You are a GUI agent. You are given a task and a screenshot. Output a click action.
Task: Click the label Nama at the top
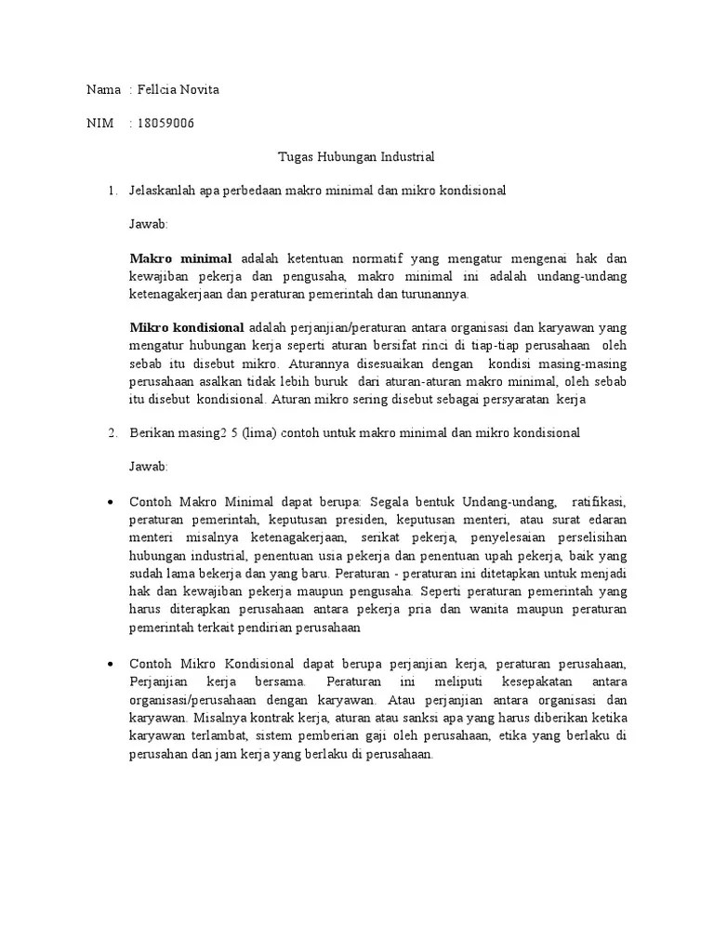coord(103,90)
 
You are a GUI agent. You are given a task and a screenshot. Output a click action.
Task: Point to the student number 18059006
coord(165,124)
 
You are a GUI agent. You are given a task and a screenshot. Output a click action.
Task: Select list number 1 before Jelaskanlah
coord(111,191)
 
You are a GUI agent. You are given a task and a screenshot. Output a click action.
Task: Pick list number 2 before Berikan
coord(111,432)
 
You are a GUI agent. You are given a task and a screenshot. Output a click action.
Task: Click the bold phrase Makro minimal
coord(180,259)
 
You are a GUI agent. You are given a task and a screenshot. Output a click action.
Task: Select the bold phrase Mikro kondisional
coord(186,327)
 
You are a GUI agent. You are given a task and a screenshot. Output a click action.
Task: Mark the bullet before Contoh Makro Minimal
coord(111,501)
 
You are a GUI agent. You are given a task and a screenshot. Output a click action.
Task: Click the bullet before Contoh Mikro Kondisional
coord(111,664)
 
